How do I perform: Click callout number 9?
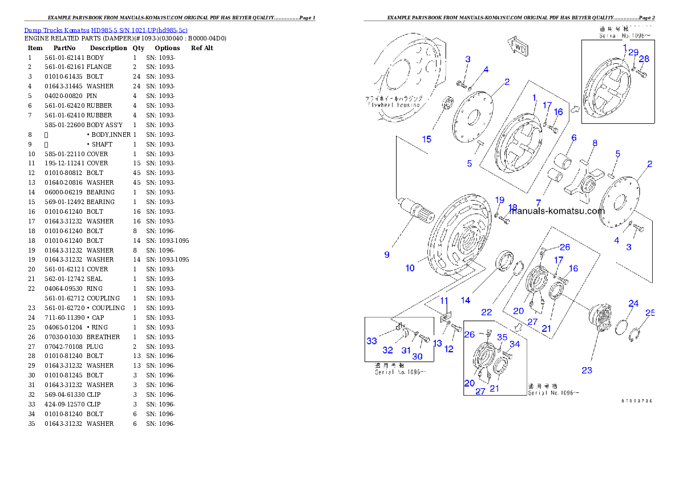[x=387, y=255]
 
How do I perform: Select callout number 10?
[x=410, y=268]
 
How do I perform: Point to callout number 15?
[x=427, y=140]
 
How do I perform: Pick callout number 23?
[x=587, y=370]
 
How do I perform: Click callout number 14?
[x=466, y=300]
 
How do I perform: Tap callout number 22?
[x=486, y=312]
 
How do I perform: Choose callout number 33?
[x=372, y=341]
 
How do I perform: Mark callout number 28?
[x=644, y=59]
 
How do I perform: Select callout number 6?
[x=574, y=137]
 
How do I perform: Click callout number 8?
[x=595, y=143]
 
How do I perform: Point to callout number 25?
[x=650, y=312]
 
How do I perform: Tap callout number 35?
[x=502, y=337]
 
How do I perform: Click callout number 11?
[x=444, y=300]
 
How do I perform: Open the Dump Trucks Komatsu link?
[x=106, y=30]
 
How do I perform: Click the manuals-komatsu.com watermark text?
[x=556, y=210]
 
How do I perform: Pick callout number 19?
[x=500, y=200]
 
